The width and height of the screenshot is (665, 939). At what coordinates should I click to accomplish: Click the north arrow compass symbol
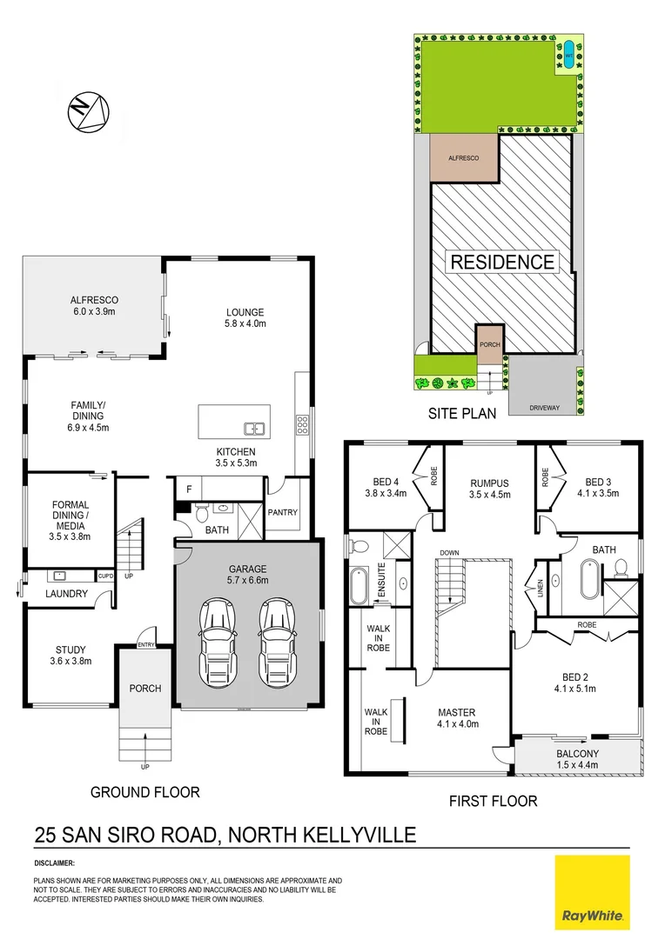90,111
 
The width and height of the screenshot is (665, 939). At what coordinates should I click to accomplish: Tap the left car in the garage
216,641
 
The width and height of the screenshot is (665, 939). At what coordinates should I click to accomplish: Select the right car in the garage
276,641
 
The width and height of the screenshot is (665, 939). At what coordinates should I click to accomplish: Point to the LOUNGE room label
244,317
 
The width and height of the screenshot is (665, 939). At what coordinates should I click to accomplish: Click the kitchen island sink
255,427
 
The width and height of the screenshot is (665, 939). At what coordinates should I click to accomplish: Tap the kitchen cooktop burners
302,425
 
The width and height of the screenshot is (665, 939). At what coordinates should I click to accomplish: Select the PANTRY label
283,512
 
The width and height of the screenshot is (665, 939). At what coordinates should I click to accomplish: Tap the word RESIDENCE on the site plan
502,262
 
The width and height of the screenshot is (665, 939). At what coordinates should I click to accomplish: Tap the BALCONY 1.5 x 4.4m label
577,759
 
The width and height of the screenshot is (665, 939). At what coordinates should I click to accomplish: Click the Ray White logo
592,891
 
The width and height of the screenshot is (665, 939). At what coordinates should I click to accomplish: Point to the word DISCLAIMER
55,863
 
